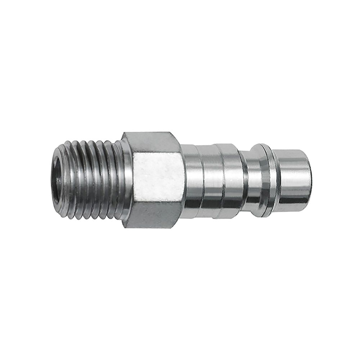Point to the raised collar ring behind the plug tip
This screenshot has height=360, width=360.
pos(266,180)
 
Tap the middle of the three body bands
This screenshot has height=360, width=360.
pos(211,180)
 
